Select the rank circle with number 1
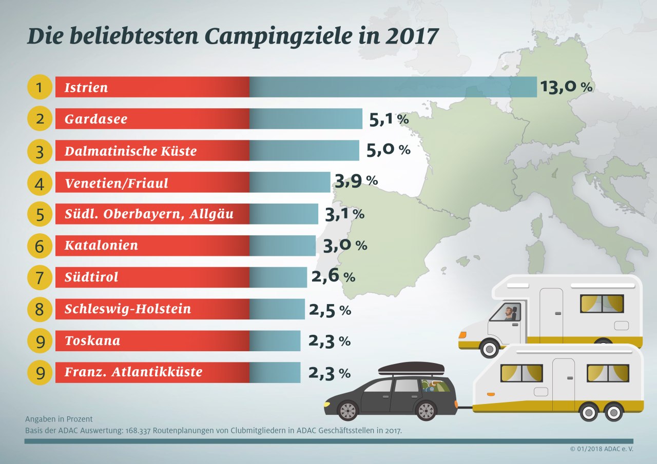tap(40, 87)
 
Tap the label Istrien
tap(86, 88)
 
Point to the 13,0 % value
tap(566, 87)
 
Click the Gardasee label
tap(96, 119)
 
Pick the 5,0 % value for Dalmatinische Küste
tap(389, 150)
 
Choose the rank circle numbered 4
tap(40, 183)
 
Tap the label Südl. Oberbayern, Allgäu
tap(149, 214)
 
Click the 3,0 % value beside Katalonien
tap(345, 245)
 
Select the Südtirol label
tap(91, 277)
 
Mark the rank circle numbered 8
tap(40, 310)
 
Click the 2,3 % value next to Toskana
tap(330, 341)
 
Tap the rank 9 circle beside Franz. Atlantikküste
tap(40, 373)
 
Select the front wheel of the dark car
tap(347, 411)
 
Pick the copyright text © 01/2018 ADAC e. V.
tap(601, 449)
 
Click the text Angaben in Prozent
tap(59, 419)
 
